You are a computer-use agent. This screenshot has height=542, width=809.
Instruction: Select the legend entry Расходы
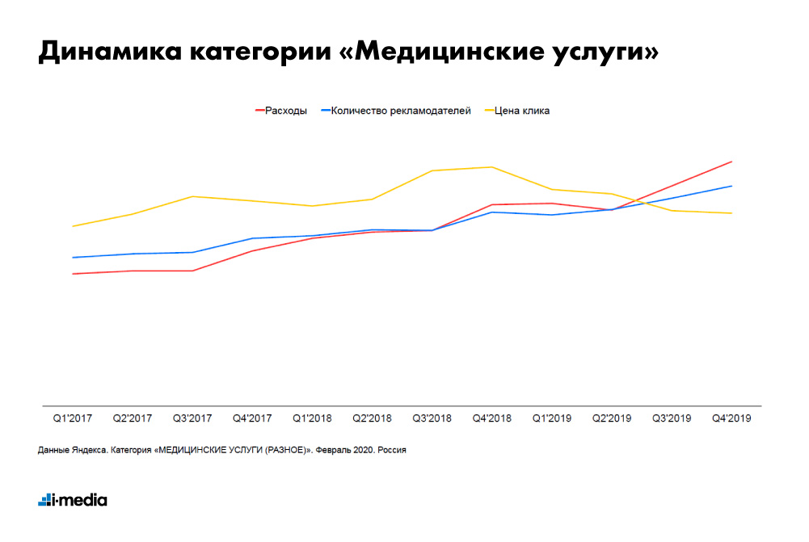coord(285,111)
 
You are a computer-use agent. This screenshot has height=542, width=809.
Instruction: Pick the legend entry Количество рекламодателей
coord(401,111)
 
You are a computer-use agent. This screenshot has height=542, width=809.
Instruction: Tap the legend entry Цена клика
coord(522,111)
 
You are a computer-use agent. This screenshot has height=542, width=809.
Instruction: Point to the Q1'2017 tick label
coord(73,418)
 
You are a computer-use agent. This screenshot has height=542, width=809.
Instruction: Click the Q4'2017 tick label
coord(252,418)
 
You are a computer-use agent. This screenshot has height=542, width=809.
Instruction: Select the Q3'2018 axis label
coord(432,418)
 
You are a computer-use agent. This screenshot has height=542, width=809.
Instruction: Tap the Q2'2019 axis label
coord(612,418)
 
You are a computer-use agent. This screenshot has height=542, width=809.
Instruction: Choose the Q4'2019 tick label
coord(731,418)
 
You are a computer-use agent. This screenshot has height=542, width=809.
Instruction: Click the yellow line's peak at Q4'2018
coord(492,167)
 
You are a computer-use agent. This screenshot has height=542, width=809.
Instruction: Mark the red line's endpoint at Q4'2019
coord(732,162)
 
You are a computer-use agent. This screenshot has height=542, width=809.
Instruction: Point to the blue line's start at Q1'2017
coord(73,258)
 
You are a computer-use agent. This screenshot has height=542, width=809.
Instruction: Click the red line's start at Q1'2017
coord(73,274)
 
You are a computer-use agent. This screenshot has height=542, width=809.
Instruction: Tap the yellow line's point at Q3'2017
coord(192,196)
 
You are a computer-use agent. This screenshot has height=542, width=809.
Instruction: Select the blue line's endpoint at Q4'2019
coord(732,186)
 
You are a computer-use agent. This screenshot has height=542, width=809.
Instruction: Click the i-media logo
coord(73,500)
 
